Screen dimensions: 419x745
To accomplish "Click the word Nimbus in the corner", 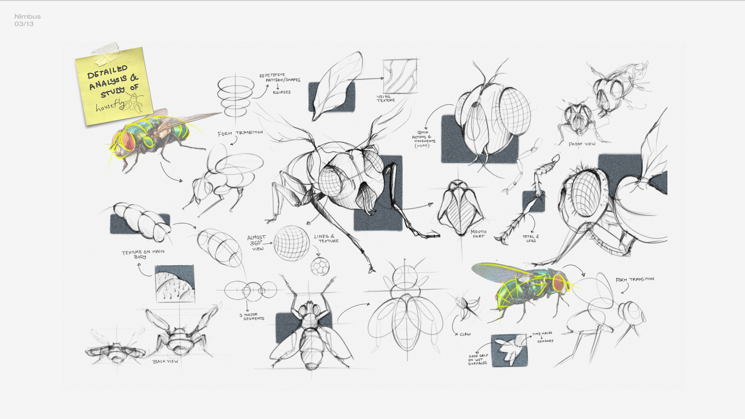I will point(27,16).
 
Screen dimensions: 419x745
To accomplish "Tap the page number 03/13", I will point(24,24).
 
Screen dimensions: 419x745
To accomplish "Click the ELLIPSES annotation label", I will point(281,92).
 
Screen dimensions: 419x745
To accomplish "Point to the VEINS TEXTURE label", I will point(385,98).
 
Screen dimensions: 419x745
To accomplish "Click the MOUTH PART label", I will point(478,234).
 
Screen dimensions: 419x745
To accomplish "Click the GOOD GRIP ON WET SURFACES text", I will point(478,359).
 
